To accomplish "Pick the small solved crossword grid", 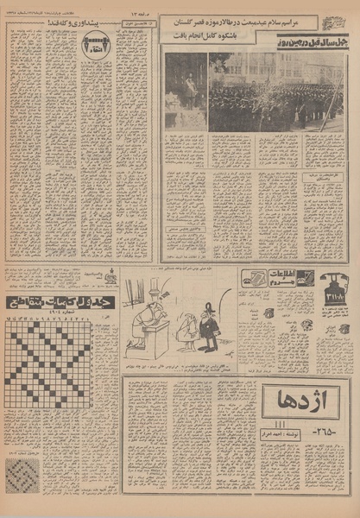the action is pos(22,476).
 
